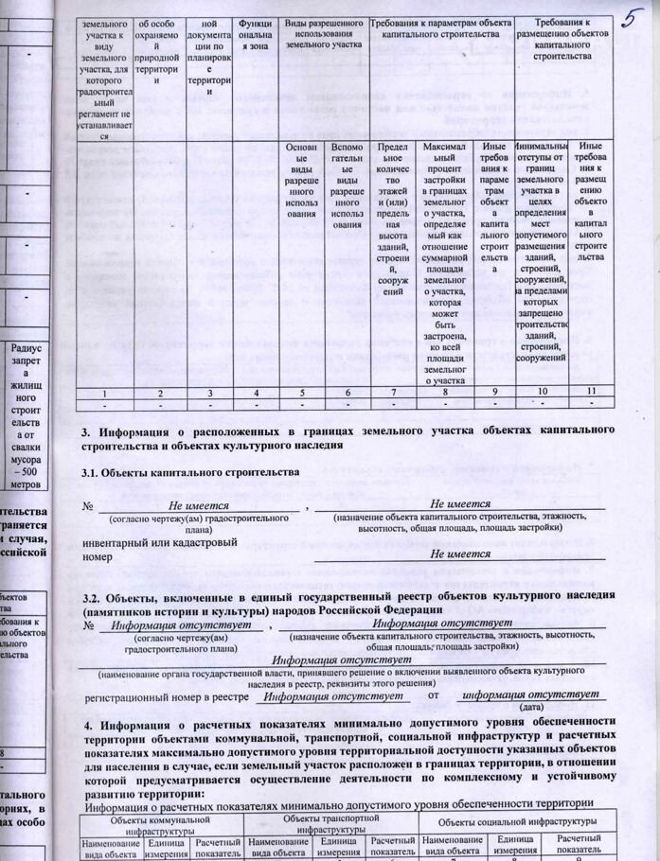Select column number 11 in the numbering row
click(x=591, y=391)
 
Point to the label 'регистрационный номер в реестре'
click(x=167, y=697)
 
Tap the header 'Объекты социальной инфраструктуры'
click(x=516, y=822)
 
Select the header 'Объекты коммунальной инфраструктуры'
click(x=164, y=822)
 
